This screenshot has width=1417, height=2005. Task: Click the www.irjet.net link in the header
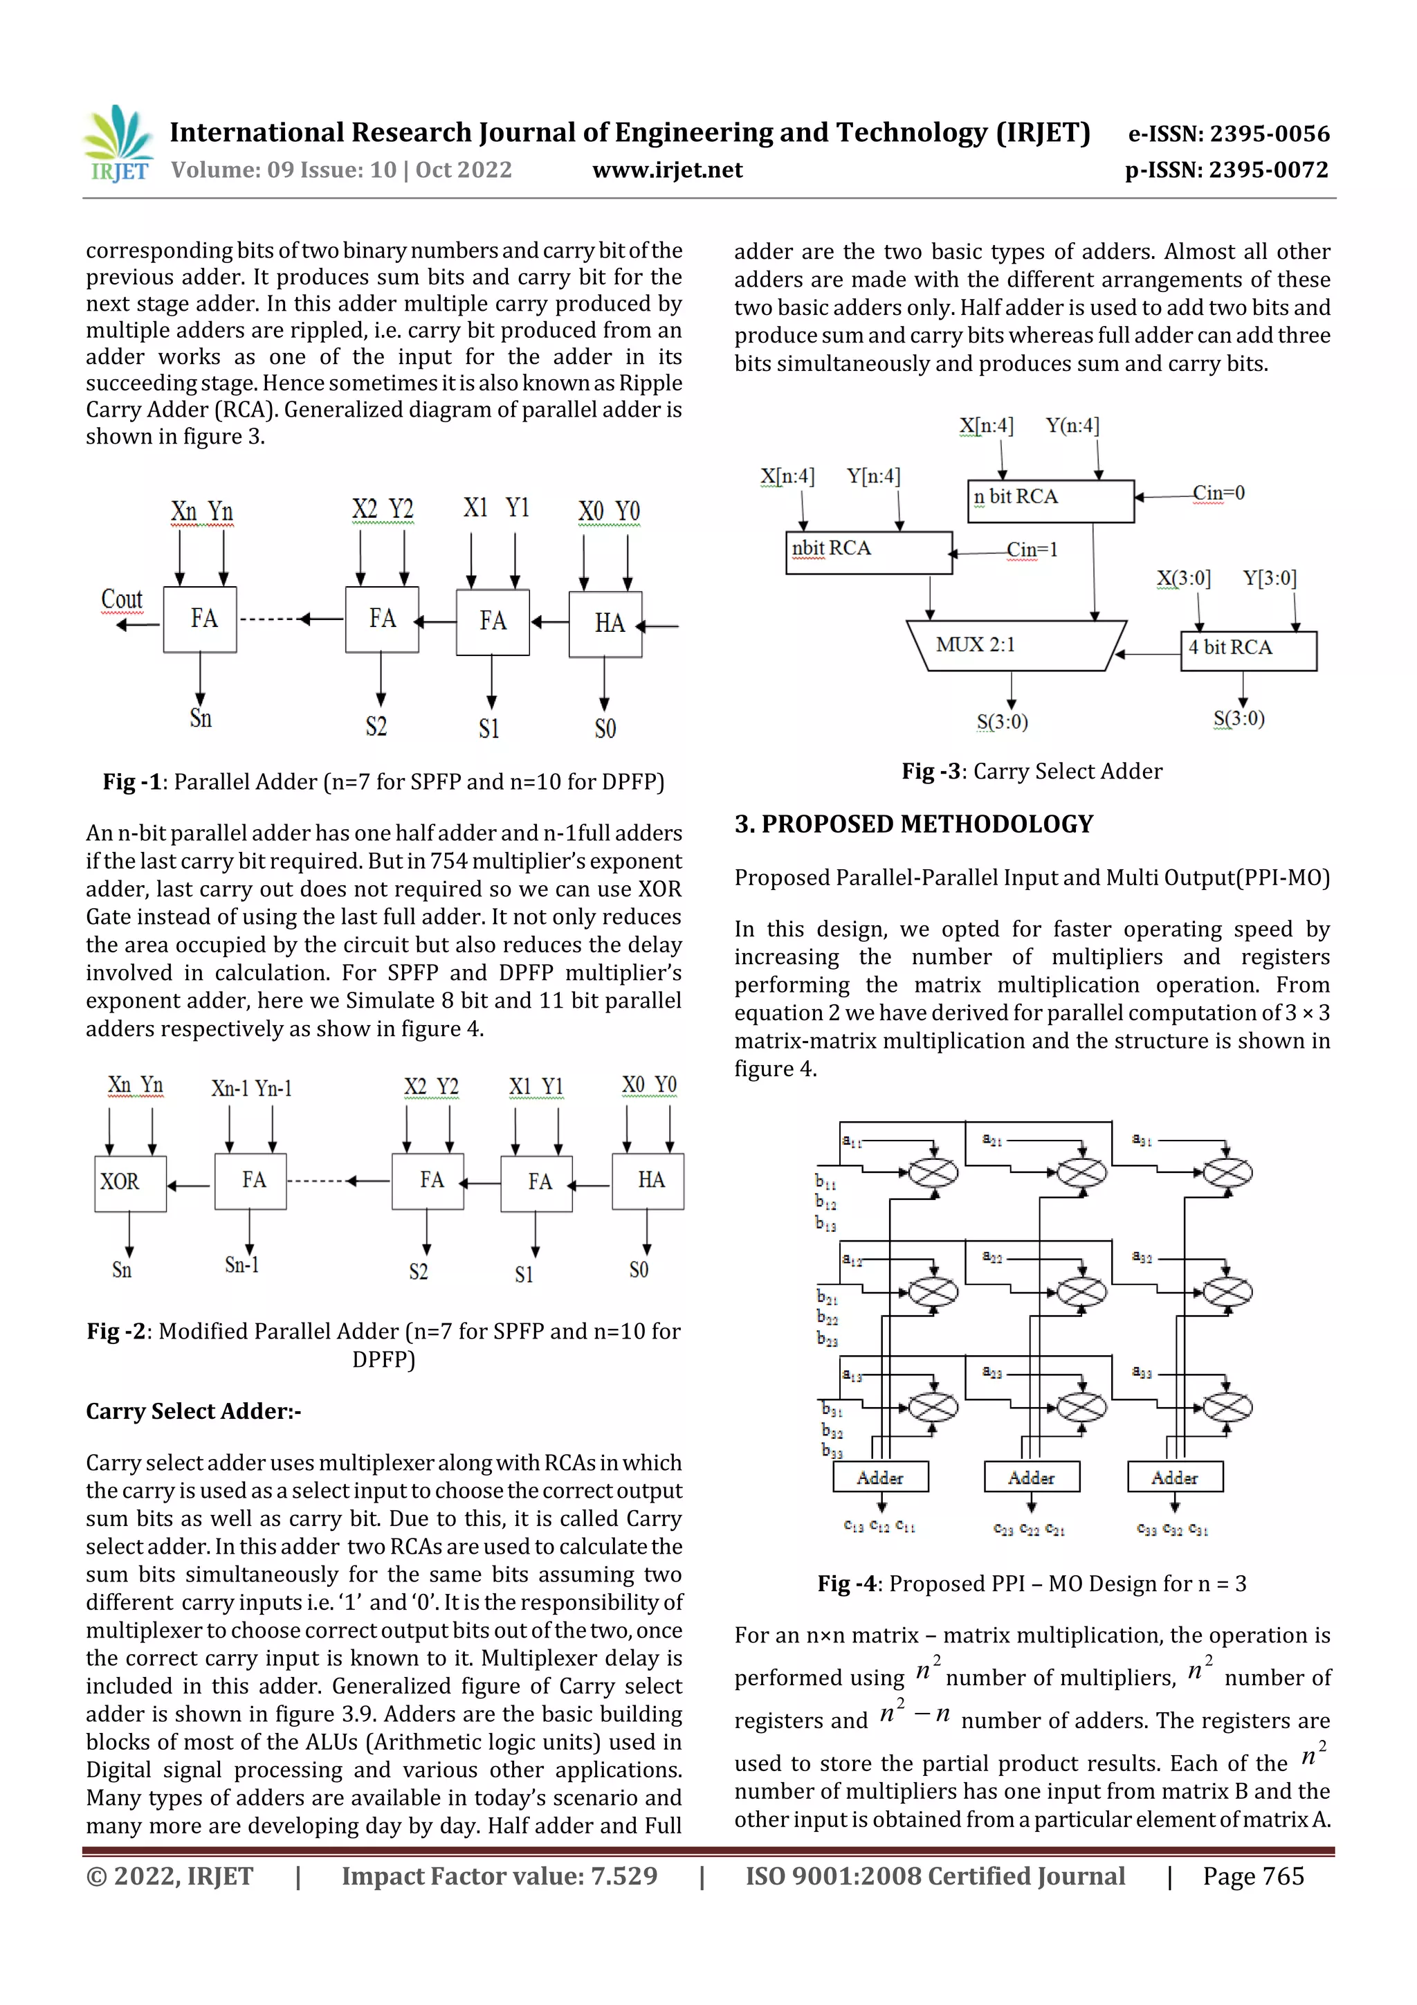pos(667,170)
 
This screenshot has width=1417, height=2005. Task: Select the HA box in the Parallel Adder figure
pos(606,624)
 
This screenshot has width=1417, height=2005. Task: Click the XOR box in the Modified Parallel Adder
pos(129,1182)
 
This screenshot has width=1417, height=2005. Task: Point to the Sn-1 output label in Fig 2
pos(242,1264)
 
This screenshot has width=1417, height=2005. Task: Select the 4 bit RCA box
pos(1247,648)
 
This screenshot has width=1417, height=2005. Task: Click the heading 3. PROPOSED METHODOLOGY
pos(913,824)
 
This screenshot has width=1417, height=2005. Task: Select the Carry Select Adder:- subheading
pos(193,1411)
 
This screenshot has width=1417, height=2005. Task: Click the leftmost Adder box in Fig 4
pos(879,1478)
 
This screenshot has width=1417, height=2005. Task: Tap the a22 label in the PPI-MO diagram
pos(991,1258)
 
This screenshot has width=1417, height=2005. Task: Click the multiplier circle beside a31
pos(1227,1172)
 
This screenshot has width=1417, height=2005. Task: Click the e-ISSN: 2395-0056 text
pos(1228,134)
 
